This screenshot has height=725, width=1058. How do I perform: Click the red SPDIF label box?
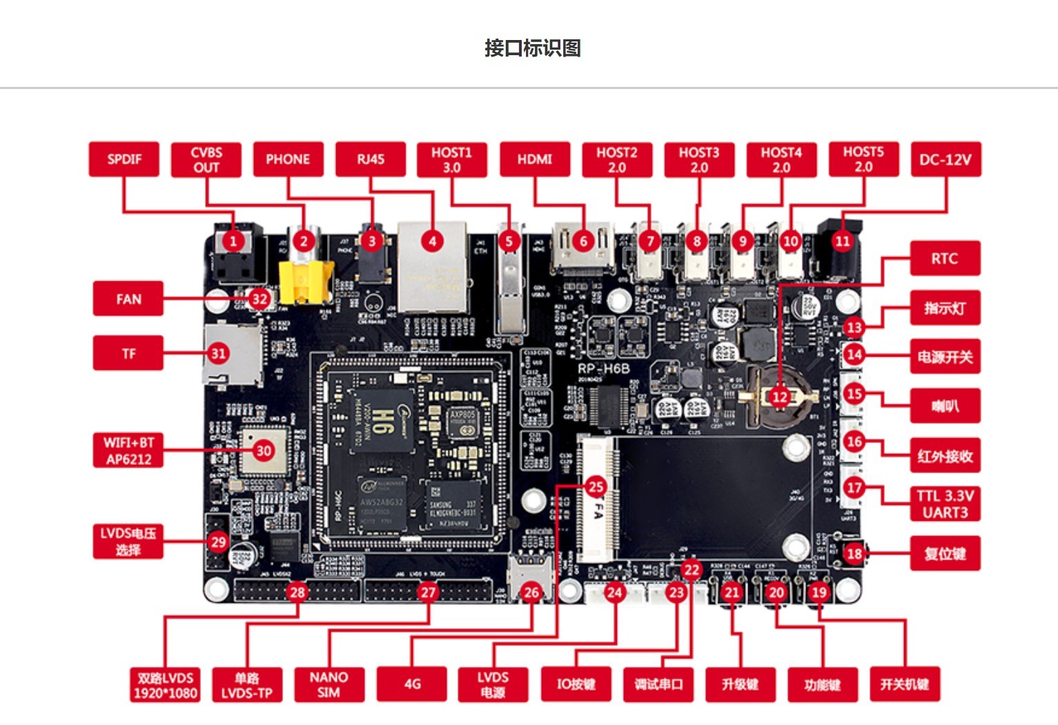124,159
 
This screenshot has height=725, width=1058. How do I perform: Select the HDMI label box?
535,159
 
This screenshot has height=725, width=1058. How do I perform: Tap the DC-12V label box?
946,159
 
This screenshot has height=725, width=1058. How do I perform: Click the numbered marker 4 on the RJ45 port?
433,241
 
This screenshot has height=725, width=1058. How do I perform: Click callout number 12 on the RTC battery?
780,397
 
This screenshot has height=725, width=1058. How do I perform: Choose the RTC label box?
945,259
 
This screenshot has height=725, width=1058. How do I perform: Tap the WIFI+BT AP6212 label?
128,450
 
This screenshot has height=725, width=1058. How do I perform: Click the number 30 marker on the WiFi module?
264,450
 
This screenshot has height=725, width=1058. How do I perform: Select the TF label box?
128,353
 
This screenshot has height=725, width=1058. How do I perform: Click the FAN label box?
128,299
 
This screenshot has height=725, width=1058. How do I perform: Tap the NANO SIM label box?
329,684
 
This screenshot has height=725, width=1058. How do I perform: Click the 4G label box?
412,684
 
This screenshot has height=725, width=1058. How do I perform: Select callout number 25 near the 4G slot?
596,486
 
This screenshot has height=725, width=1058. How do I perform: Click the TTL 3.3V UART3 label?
945,504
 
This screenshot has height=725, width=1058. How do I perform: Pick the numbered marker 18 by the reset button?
854,553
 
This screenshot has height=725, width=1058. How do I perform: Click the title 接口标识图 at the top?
533,48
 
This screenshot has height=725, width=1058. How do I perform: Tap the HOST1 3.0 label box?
452,159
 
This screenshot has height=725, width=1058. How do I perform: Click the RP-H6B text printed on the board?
604,368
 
